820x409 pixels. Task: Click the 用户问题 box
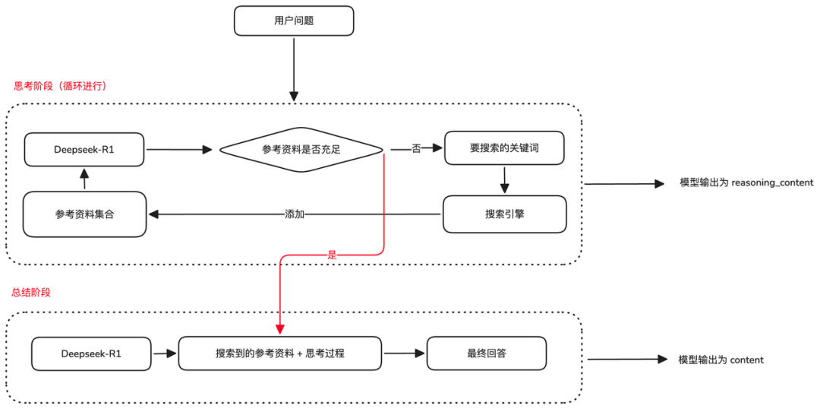(294, 21)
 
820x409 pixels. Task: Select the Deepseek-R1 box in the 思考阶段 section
(85, 149)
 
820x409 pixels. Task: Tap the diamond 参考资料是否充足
(301, 150)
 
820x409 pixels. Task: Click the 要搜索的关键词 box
(504, 148)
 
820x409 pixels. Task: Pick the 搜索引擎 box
(504, 214)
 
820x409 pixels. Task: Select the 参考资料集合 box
(84, 214)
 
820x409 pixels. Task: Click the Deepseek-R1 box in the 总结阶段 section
(92, 354)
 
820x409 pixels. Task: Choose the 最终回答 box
(487, 354)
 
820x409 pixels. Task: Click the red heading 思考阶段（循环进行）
(61, 87)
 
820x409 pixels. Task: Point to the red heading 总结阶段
(31, 292)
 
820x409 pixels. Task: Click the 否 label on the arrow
(416, 149)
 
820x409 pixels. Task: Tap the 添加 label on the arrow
(295, 214)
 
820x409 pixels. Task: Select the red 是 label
(332, 255)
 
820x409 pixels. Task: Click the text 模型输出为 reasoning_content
(746, 182)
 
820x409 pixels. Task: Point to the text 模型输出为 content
(721, 360)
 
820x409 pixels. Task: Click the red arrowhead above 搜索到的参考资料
(279, 329)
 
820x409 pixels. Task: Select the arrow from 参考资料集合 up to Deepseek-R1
(84, 179)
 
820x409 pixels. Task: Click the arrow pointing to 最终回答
(403, 354)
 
